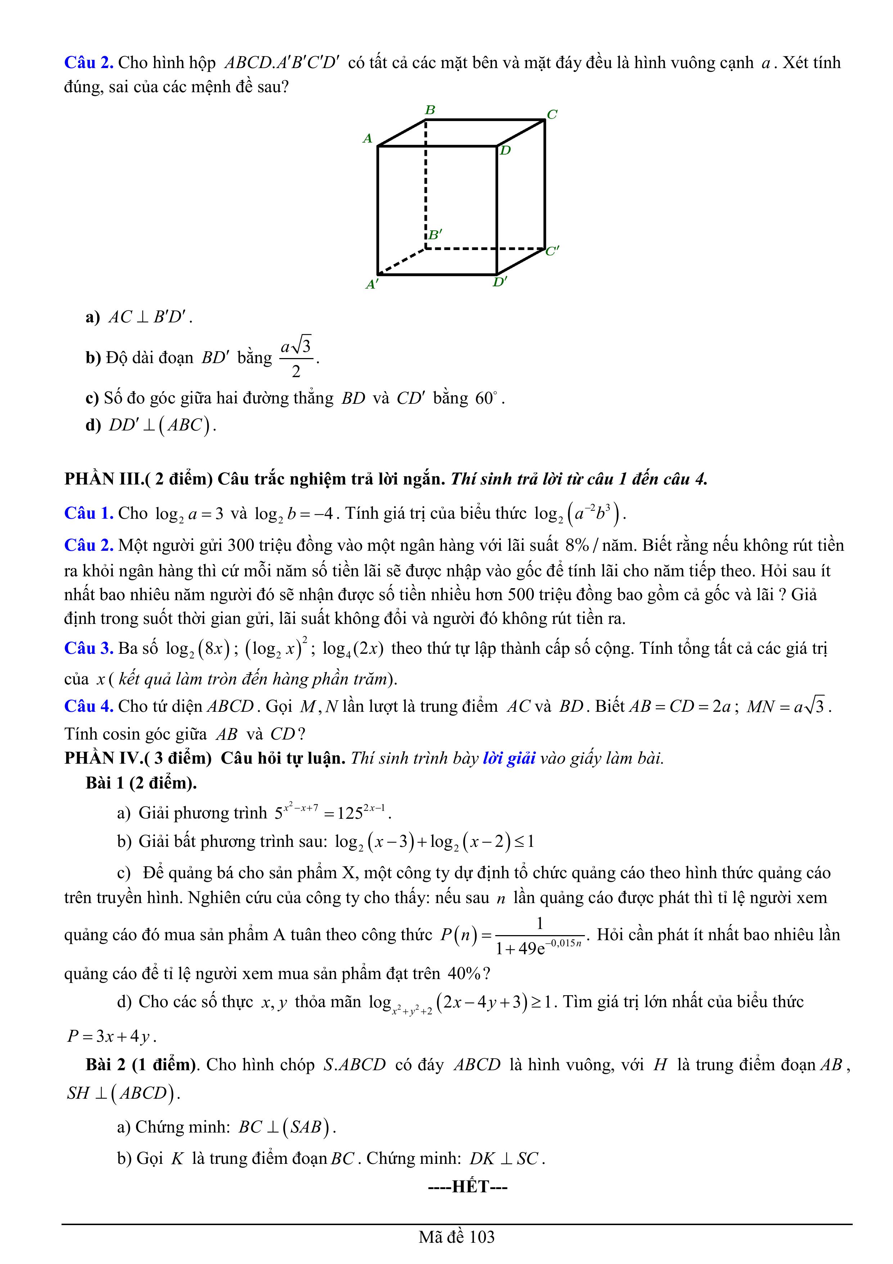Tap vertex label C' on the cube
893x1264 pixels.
[x=552, y=251]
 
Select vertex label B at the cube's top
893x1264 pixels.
[x=430, y=110]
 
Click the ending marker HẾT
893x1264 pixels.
[x=467, y=1187]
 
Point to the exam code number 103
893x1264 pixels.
[x=482, y=1237]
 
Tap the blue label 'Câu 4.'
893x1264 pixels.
[x=89, y=706]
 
